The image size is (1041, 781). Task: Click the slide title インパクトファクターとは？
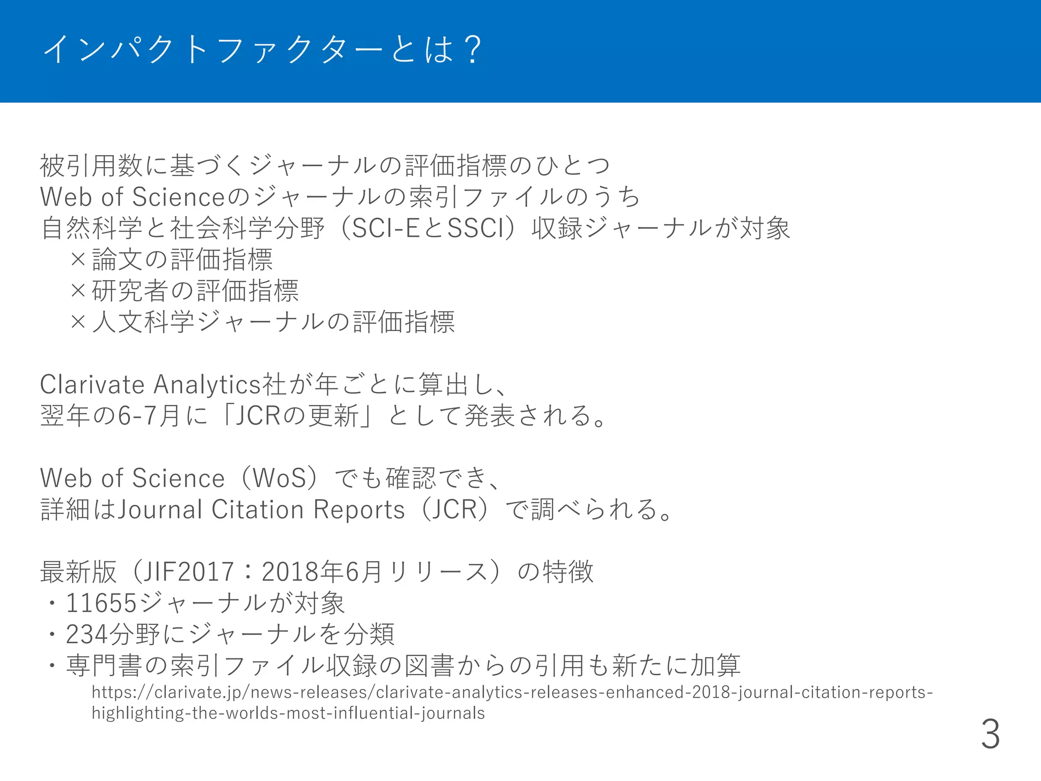pyautogui.click(x=262, y=49)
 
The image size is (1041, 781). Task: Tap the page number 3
pyautogui.click(x=990, y=734)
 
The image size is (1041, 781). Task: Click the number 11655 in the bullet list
pyautogui.click(x=101, y=603)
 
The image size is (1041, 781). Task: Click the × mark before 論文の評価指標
pyautogui.click(x=78, y=259)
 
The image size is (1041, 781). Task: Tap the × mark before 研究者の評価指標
pyautogui.click(x=78, y=291)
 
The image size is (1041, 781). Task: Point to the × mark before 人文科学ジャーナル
pyautogui.click(x=78, y=322)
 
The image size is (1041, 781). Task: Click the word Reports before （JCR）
pyautogui.click(x=359, y=509)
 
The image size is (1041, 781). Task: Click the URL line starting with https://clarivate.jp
pyautogui.click(x=512, y=693)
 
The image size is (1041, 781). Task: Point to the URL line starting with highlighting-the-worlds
pyautogui.click(x=288, y=713)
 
